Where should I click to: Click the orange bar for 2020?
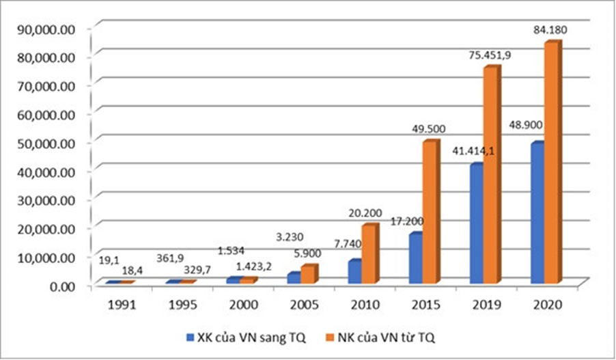pyautogui.click(x=552, y=164)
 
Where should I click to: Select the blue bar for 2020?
pyautogui.click(x=537, y=213)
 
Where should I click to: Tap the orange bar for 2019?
pyautogui.click(x=491, y=176)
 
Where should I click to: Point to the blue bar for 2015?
pyautogui.click(x=415, y=258)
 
